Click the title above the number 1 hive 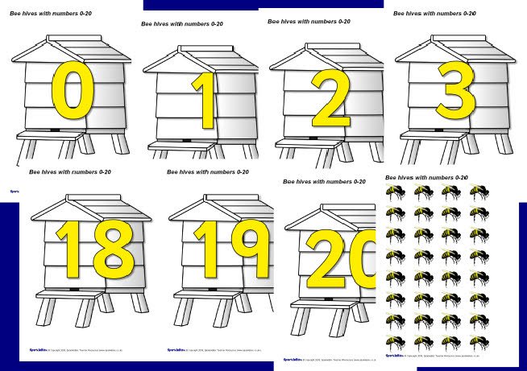click(182, 24)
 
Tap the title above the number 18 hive click(70, 172)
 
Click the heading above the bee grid click(427, 177)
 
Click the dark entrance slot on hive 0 click(54, 130)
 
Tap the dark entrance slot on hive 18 click(75, 289)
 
